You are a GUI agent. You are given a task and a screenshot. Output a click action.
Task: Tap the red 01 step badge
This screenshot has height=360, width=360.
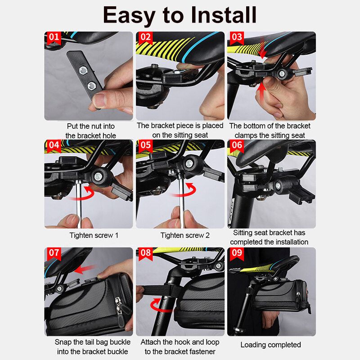tap(54, 38)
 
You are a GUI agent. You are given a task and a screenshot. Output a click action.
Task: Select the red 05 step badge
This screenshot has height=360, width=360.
tap(145, 145)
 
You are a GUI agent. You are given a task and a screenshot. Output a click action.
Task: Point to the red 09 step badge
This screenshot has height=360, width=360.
tap(237, 253)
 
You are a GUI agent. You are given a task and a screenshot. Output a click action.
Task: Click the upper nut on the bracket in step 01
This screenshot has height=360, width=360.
tap(83, 70)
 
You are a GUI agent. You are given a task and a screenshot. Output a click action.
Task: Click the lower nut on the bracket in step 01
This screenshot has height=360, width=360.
tap(92, 86)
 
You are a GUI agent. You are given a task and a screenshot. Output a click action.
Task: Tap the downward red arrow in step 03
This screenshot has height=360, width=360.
tap(262, 49)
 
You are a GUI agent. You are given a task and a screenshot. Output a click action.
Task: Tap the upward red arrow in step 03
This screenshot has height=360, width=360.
tap(261, 91)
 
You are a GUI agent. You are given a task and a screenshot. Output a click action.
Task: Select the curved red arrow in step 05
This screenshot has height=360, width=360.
tap(185, 190)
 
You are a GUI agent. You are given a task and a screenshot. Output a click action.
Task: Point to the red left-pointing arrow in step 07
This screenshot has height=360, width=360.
tap(84, 269)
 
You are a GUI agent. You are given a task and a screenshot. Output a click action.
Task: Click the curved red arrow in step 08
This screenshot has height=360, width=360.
tap(158, 305)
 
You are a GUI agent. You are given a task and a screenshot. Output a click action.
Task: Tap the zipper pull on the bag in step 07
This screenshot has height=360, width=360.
tap(119, 310)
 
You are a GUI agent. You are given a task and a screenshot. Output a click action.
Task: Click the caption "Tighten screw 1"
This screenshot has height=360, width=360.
tap(94, 235)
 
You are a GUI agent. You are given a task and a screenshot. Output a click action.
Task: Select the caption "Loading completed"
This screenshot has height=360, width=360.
tap(271, 345)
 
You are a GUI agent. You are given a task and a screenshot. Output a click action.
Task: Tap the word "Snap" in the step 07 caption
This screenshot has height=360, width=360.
tap(63, 342)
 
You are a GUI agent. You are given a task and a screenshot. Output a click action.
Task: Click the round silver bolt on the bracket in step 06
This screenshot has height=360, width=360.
tap(278, 185)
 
